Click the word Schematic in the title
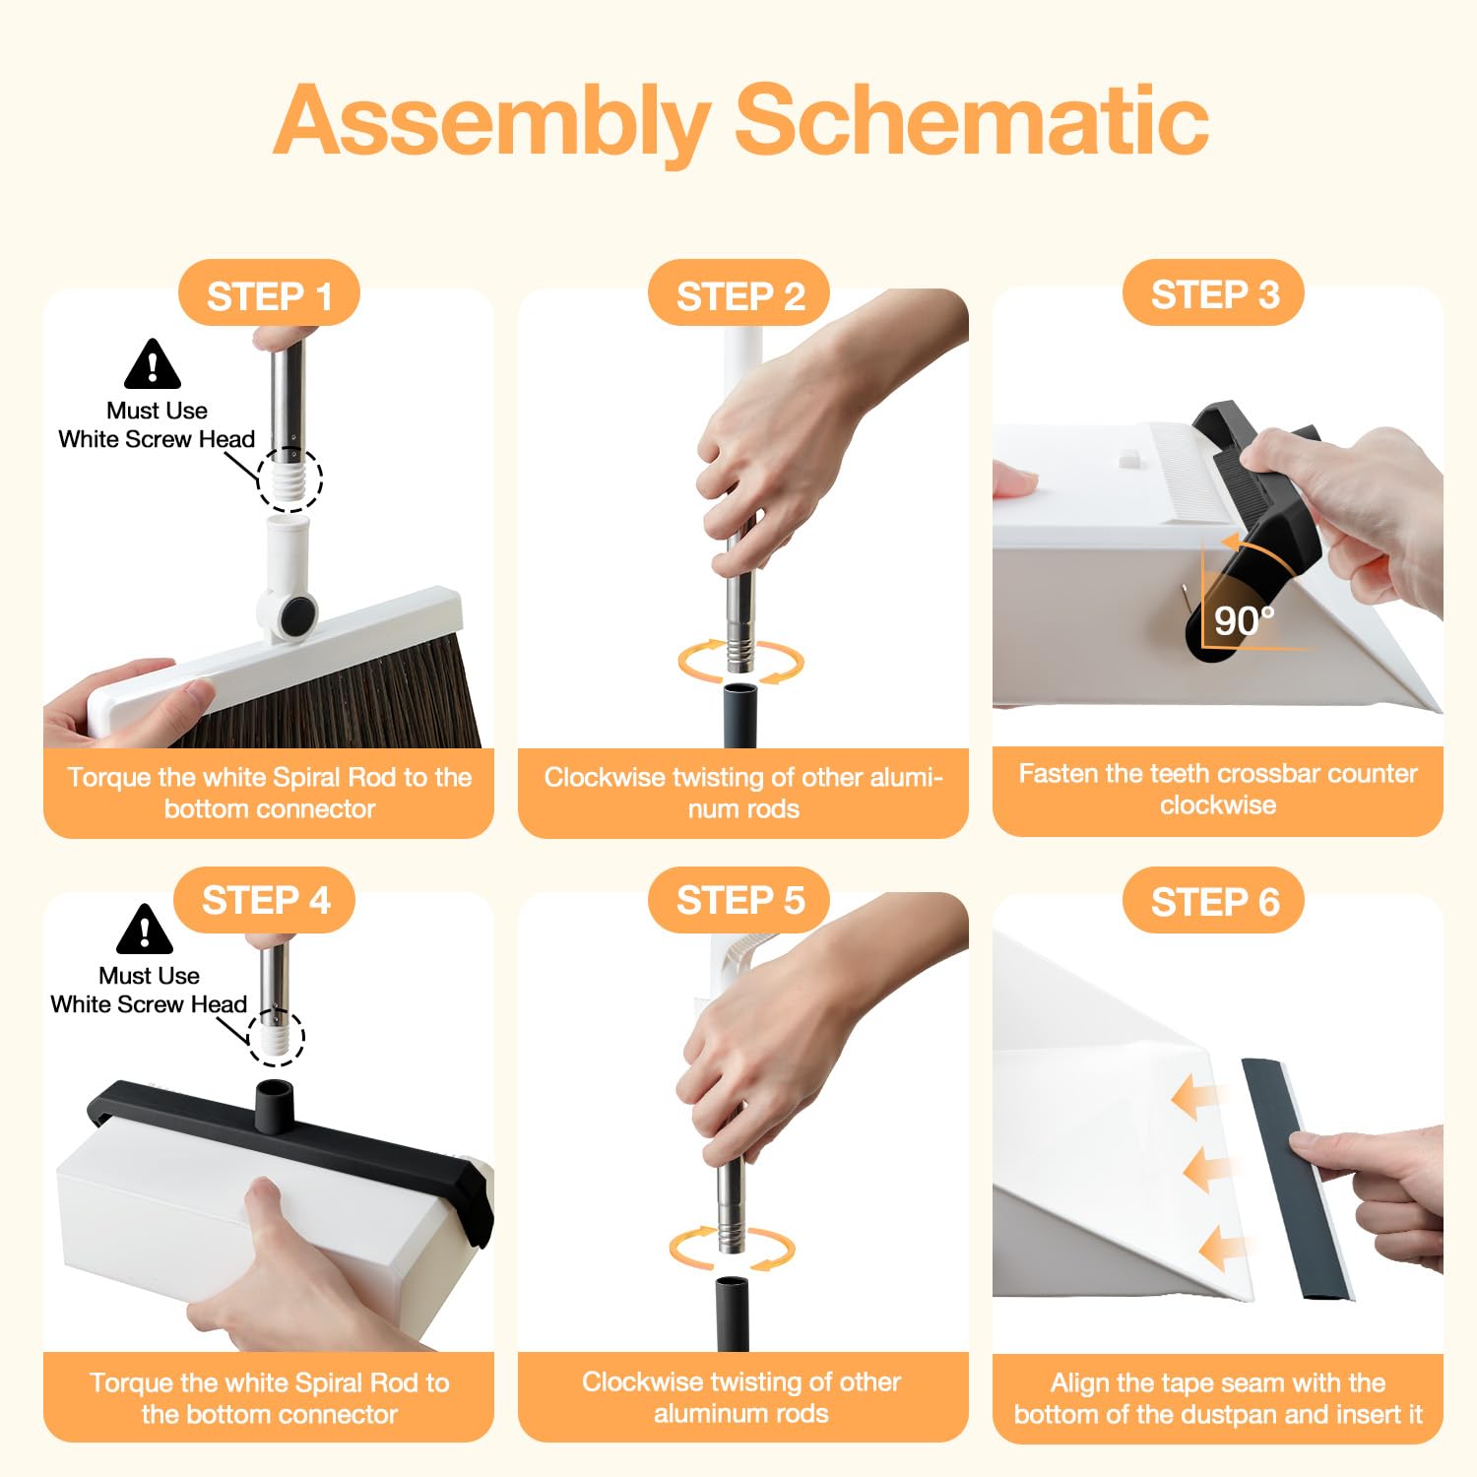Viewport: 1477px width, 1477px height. [x=972, y=120]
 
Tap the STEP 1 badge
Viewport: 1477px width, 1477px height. [x=269, y=293]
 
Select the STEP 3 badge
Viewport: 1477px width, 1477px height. [x=1214, y=292]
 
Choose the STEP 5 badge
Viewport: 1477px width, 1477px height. [x=739, y=899]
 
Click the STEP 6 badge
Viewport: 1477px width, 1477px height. [x=1214, y=900]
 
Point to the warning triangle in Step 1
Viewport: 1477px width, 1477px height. [x=153, y=364]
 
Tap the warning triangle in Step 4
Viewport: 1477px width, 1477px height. [x=145, y=930]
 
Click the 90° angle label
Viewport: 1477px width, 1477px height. [x=1244, y=620]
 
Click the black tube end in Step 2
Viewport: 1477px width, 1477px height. [x=740, y=717]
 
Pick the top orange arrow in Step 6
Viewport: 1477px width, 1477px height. [x=1194, y=1098]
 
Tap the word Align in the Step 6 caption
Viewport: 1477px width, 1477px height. [x=1080, y=1383]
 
